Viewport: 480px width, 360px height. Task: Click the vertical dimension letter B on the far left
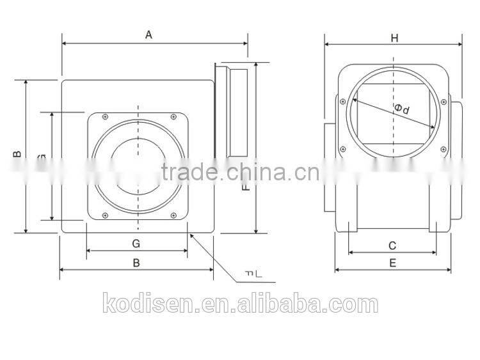[x=17, y=153]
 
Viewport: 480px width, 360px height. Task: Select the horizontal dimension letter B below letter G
[x=136, y=262]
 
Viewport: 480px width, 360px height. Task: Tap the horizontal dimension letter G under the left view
[x=136, y=243]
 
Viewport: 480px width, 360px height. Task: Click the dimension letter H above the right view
[x=394, y=38]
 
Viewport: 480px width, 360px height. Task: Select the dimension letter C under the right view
[x=392, y=245]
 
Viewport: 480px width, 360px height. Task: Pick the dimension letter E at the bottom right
[x=392, y=262]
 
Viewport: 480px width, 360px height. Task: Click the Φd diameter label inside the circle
[x=402, y=109]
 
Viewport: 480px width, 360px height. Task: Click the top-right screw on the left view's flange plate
[x=173, y=116]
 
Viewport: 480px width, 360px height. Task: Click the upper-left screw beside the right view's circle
[x=344, y=101]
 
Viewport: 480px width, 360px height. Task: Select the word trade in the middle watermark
[x=184, y=171]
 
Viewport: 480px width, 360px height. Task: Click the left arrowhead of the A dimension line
[x=65, y=44]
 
